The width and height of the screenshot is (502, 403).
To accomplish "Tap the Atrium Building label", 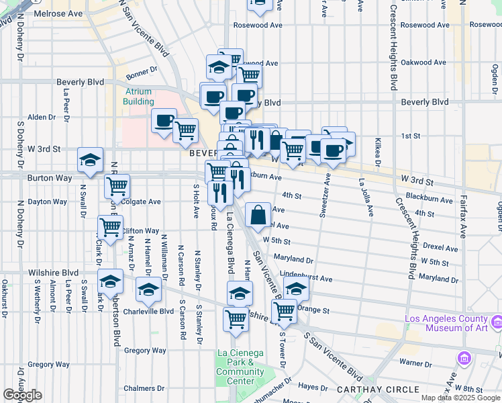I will click(138, 97).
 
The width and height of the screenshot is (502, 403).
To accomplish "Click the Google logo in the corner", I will click(22, 394).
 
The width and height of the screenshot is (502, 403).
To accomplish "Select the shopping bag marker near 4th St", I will click(258, 215).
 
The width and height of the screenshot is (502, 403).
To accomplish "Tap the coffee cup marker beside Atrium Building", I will click(164, 121).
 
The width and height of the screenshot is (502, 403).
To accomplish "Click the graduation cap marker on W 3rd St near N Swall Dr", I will click(90, 160).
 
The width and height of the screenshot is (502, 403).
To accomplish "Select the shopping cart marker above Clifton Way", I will click(110, 227).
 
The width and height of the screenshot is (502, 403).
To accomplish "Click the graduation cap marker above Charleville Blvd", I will click(148, 290).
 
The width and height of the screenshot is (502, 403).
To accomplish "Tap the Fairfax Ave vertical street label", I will click(464, 215).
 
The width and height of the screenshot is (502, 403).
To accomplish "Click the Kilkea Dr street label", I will click(379, 154).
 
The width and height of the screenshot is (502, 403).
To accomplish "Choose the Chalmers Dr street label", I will click(144, 388).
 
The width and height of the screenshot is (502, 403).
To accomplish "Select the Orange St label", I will click(313, 310).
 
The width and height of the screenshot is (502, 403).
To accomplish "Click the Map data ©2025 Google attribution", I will click(460, 398).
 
